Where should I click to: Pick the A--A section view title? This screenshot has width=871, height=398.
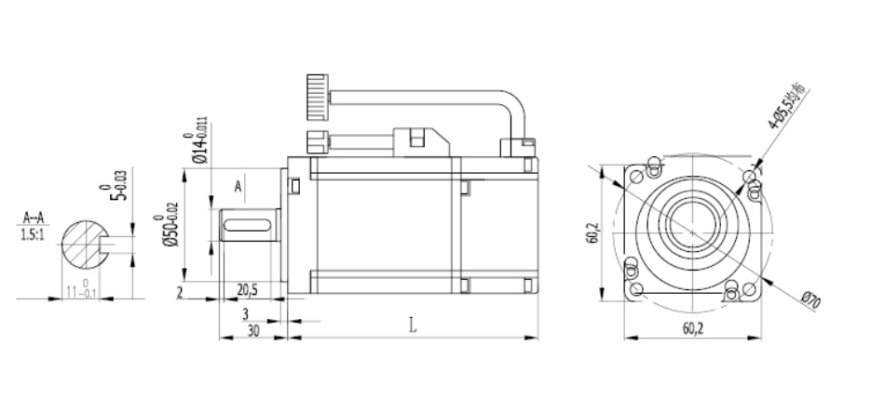[34, 220]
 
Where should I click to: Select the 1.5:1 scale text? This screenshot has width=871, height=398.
[34, 234]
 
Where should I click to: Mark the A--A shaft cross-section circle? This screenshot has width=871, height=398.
[84, 245]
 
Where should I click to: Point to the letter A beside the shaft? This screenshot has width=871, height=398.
[238, 187]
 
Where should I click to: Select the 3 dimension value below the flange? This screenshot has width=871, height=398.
[245, 313]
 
